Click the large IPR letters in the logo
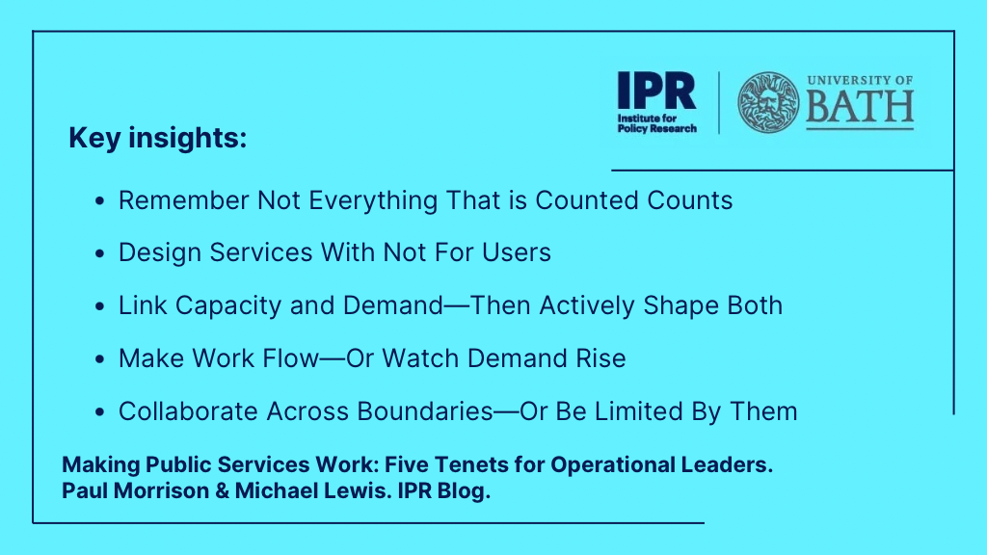[x=656, y=91]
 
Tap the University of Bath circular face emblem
[x=768, y=102]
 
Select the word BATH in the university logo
[x=860, y=107]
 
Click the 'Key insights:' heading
[x=157, y=138]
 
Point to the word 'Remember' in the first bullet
[x=184, y=200]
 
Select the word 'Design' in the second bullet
[x=160, y=252]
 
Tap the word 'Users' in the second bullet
[x=517, y=252]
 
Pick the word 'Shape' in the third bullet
[x=681, y=305]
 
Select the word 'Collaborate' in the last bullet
[x=188, y=411]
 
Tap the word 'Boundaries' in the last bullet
[x=425, y=411]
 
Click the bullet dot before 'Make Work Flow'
[x=99, y=358]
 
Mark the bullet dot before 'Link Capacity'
[x=99, y=305]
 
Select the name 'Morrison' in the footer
[x=161, y=490]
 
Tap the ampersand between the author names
[x=223, y=490]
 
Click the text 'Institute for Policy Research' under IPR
[x=656, y=123]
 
